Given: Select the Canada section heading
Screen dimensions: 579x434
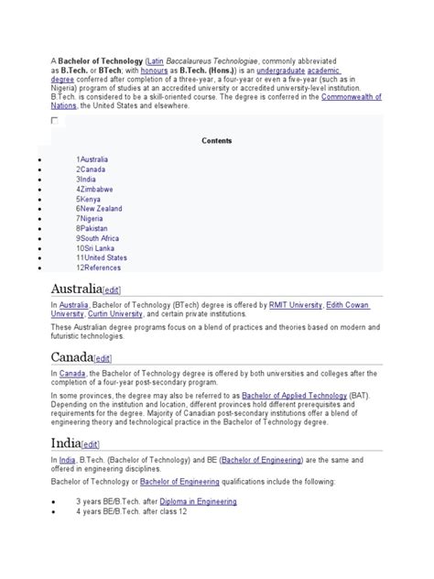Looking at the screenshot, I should (72, 356).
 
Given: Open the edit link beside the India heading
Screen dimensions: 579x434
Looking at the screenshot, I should (91, 444).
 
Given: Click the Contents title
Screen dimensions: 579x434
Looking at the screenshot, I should (217, 141).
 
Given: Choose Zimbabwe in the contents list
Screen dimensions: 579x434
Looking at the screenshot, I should (95, 189).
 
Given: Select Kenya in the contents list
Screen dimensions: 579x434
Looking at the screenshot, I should (89, 199).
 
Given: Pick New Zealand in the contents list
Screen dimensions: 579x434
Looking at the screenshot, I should (101, 209).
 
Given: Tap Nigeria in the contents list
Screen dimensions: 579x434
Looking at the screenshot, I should (91, 219).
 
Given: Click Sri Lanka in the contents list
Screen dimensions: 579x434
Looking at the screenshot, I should (98, 248).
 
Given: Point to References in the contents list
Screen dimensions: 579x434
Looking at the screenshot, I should (100, 268).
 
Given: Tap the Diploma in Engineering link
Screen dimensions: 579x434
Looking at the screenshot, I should (198, 501).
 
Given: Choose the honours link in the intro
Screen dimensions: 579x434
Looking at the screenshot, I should (153, 70).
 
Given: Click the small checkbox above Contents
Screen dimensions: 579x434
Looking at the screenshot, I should (54, 120).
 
